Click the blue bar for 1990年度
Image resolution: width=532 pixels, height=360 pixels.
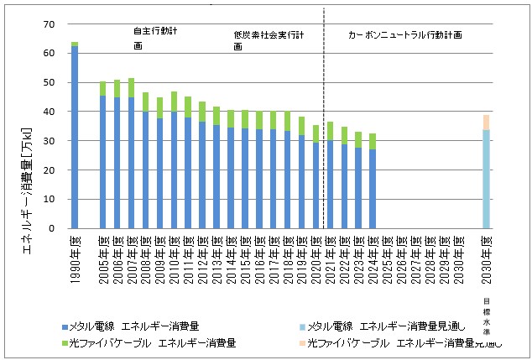75,138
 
